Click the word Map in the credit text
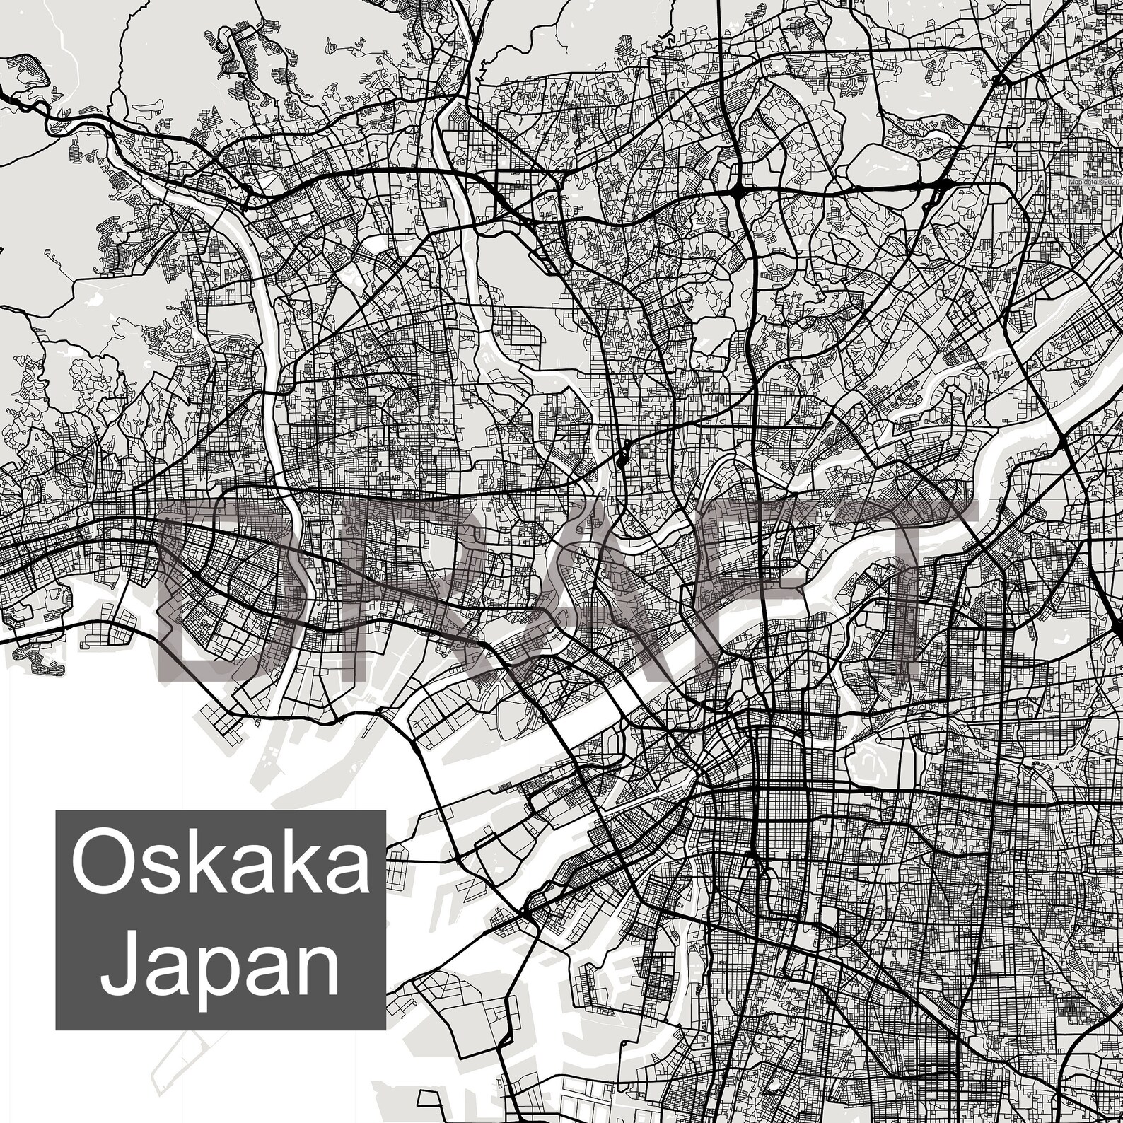pyautogui.click(x=1075, y=182)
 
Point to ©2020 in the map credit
pyautogui.click(x=1108, y=182)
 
